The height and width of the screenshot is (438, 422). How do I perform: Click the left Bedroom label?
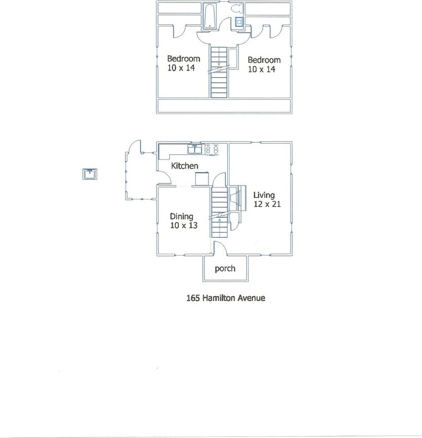click(x=183, y=59)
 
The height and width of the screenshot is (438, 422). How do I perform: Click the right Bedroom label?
click(x=264, y=60)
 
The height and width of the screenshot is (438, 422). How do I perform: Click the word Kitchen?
click(x=184, y=166)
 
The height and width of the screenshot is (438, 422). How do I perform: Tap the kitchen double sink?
click(x=195, y=149)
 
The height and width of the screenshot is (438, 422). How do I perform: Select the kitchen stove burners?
click(x=213, y=149)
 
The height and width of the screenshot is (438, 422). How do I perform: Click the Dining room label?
click(x=181, y=216)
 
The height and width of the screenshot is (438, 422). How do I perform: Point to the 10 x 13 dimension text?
click(x=183, y=225)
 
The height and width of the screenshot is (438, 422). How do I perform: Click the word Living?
click(x=264, y=195)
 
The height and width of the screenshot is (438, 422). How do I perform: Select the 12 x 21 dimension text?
click(x=266, y=204)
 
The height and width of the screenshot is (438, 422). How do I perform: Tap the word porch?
click(x=225, y=268)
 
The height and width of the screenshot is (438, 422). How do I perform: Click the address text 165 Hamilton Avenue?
click(x=225, y=298)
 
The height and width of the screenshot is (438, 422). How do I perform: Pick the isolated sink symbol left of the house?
click(x=91, y=174)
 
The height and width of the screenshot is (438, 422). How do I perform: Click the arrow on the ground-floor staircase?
click(x=219, y=220)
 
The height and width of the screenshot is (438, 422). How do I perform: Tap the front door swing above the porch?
click(x=219, y=247)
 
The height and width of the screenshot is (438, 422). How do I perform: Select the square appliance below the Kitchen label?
click(x=202, y=179)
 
